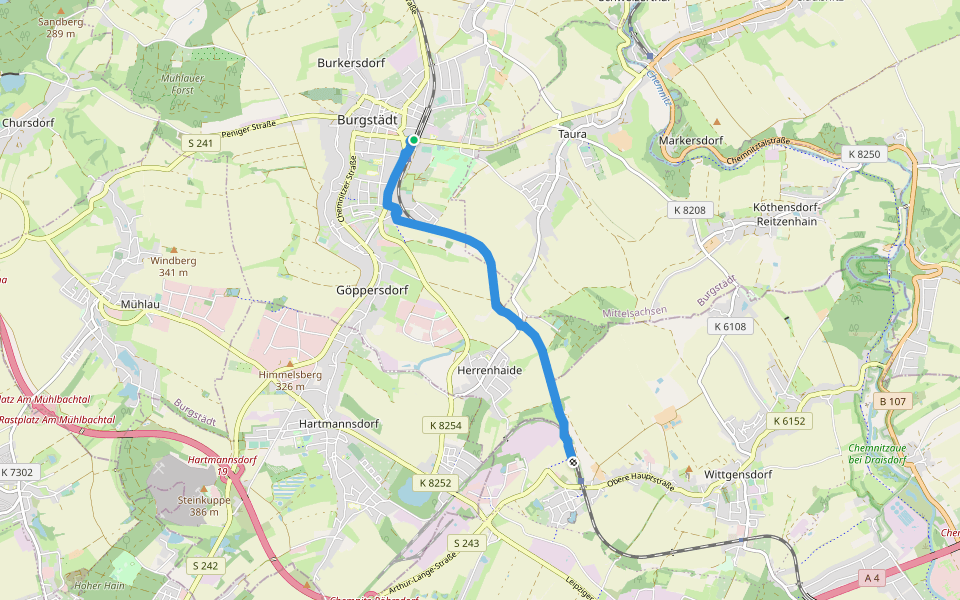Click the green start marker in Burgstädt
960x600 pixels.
(412, 141)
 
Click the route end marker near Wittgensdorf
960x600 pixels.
(572, 461)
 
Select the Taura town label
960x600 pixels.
(573, 133)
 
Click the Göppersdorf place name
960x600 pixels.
(374, 290)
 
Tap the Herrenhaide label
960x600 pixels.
(489, 370)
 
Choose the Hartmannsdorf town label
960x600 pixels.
(341, 424)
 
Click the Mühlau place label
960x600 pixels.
(140, 302)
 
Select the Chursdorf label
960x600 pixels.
(28, 123)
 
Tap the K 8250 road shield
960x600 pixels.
(863, 154)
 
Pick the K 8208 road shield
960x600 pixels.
(690, 210)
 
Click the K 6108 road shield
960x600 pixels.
(731, 327)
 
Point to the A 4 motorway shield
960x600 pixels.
(872, 576)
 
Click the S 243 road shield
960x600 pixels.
(467, 543)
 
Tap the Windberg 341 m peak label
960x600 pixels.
(173, 266)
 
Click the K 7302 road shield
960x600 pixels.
(18, 472)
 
